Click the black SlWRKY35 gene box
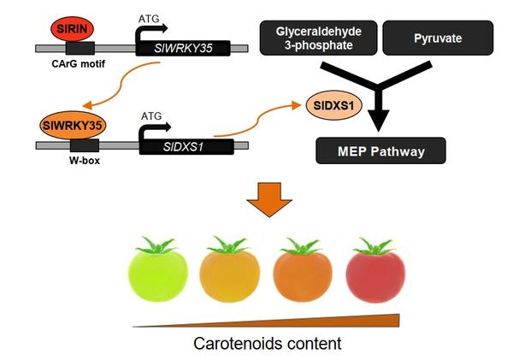(183, 49)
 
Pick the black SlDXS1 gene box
(186, 146)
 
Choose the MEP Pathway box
(380, 153)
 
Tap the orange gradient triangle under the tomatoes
(342, 322)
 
